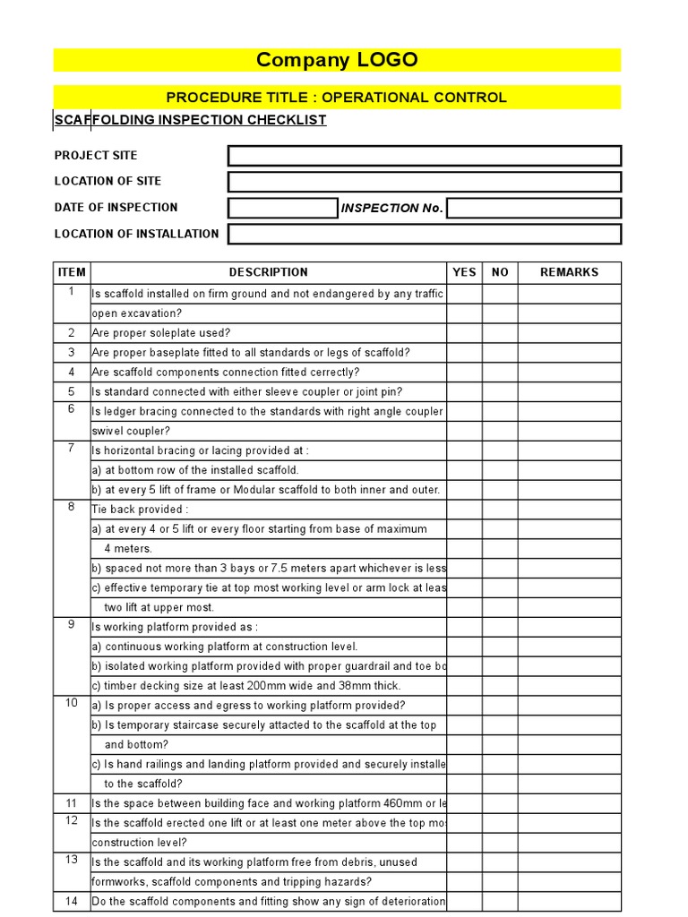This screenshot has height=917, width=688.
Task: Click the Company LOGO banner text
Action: [x=337, y=60]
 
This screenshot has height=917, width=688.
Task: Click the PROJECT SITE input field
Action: [x=424, y=156]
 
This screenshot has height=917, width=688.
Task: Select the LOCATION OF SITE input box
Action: [x=424, y=182]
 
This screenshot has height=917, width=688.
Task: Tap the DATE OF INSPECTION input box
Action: [x=282, y=208]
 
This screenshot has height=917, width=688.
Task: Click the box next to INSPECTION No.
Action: [x=534, y=208]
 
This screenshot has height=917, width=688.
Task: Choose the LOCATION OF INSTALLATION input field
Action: [x=424, y=234]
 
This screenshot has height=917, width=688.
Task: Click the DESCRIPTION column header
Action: [x=268, y=272]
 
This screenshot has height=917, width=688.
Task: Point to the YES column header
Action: [x=464, y=272]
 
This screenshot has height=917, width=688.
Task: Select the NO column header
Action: [x=500, y=272]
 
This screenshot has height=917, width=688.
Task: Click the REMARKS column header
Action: [x=569, y=272]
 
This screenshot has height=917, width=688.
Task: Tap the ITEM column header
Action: [x=72, y=272]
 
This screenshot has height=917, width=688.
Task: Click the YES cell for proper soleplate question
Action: [x=464, y=333]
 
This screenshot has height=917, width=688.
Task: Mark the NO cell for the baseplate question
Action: [x=500, y=353]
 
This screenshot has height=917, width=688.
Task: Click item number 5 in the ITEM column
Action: [x=72, y=391]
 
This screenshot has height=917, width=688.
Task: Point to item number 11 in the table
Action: [x=72, y=803]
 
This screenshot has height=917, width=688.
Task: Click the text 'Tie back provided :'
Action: [x=140, y=510]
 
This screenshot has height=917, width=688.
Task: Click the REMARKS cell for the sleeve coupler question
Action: [x=569, y=391]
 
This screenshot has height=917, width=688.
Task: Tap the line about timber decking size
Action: [x=246, y=686]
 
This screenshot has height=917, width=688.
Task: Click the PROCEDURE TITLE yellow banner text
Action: [x=337, y=98]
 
